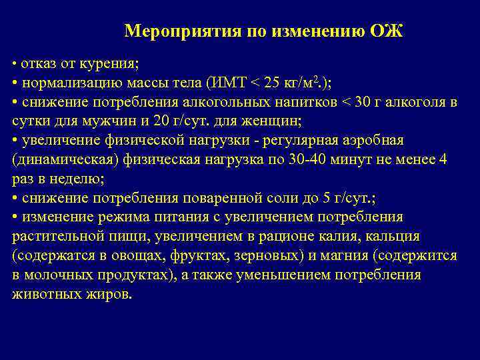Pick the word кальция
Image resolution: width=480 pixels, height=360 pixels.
point(399,237)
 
